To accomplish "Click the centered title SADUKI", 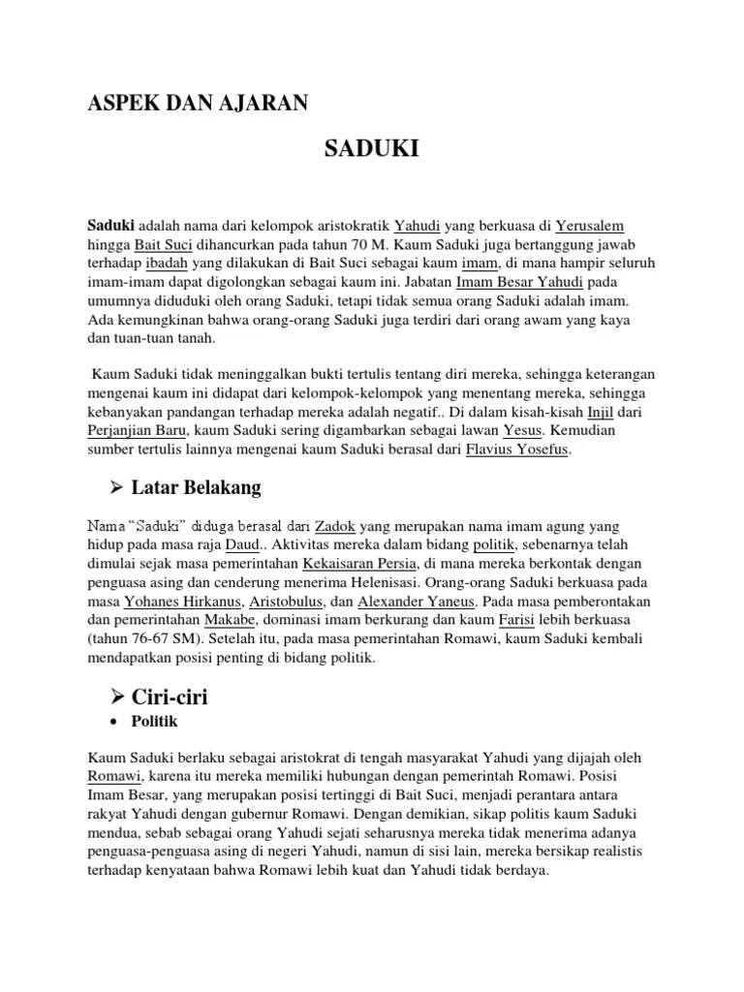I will point(371,149).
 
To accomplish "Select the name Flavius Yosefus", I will point(518,449).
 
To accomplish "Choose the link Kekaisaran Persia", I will point(358,564).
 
